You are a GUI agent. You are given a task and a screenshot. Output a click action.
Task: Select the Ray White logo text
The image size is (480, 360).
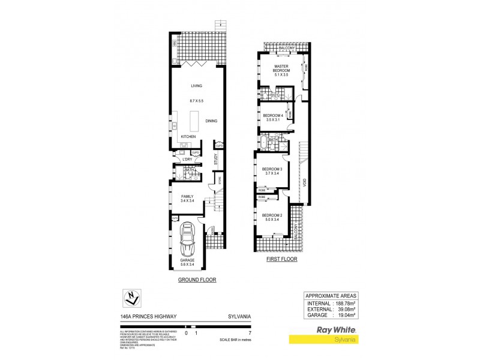pyautogui.click(x=338, y=330)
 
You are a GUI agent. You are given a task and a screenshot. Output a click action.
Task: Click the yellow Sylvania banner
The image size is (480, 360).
pyautogui.click(x=325, y=340)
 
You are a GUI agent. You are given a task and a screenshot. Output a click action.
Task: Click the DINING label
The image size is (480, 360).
pyautogui.click(x=211, y=121)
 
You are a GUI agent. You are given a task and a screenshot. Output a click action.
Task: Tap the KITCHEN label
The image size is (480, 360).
pyautogui.click(x=189, y=137)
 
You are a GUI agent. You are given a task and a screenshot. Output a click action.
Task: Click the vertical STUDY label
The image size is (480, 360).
pyautogui.click(x=215, y=159)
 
